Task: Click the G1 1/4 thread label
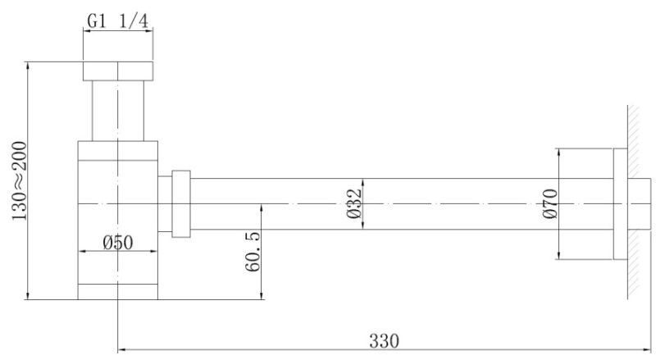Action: pyautogui.click(x=117, y=21)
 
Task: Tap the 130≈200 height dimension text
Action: pyautogui.click(x=19, y=181)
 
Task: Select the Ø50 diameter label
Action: pyautogui.click(x=118, y=243)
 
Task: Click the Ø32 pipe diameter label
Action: pyautogui.click(x=354, y=203)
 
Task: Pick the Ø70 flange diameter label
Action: pyautogui.click(x=550, y=203)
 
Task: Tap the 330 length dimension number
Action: pyautogui.click(x=384, y=341)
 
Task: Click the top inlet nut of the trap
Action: pyautogui.click(x=118, y=71)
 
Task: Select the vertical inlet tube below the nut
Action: pyautogui.click(x=118, y=111)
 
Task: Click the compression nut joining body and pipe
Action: pyautogui.click(x=181, y=204)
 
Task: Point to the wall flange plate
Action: pyautogui.click(x=621, y=204)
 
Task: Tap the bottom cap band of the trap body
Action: pyautogui.click(x=118, y=292)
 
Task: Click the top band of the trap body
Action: pyautogui.click(x=118, y=151)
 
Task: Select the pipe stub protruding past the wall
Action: pyautogui.click(x=640, y=204)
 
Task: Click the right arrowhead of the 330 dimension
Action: pyautogui.click(x=648, y=349)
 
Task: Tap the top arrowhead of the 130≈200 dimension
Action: pyautogui.click(x=28, y=66)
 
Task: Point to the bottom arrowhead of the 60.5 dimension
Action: pyautogui.click(x=262, y=295)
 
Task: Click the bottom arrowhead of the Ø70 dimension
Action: pyautogui.click(x=559, y=255)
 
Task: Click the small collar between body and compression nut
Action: pyautogui.click(x=165, y=204)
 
